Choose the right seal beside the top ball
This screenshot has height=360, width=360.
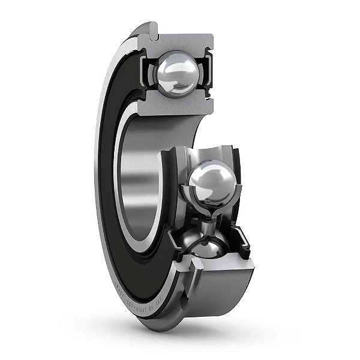click(x=208, y=75)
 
